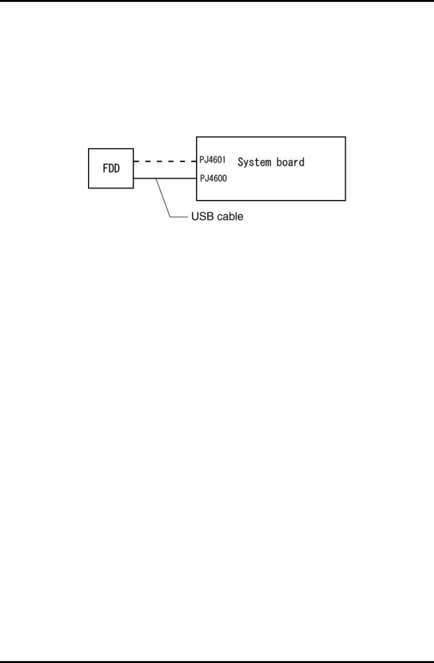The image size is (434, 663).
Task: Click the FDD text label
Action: click(111, 169)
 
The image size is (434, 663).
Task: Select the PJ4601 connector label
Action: click(213, 160)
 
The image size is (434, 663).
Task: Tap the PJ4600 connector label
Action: click(213, 179)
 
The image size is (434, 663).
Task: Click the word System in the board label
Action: click(255, 162)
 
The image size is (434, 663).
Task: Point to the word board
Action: click(290, 162)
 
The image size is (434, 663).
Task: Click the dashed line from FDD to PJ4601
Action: click(165, 161)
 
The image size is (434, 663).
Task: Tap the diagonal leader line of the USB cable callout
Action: click(164, 198)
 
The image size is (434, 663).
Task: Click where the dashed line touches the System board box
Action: click(197, 161)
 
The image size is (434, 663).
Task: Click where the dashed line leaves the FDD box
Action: click(134, 161)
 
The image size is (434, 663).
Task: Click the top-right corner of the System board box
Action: click(345, 137)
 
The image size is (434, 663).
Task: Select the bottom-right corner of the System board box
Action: click(345, 200)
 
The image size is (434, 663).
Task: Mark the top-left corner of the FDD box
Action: click(89, 149)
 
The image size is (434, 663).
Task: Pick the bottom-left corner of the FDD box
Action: click(89, 188)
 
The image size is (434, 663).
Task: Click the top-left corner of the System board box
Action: click(197, 137)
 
